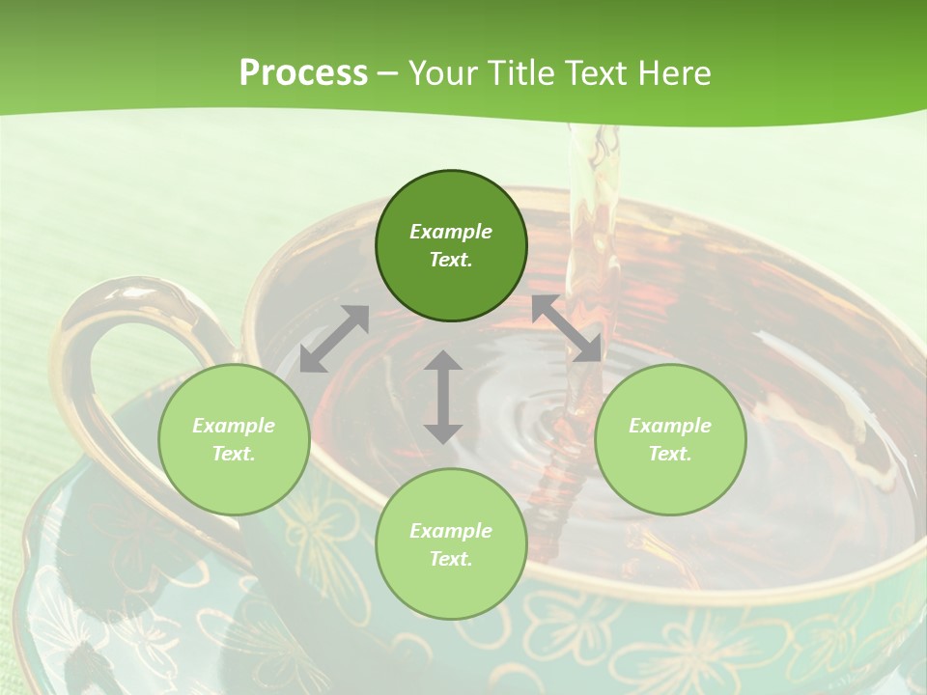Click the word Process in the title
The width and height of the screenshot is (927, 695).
pyautogui.click(x=303, y=73)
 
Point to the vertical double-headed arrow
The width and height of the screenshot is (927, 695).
pyautogui.click(x=443, y=397)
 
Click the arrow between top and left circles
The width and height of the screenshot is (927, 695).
pyautogui.click(x=334, y=339)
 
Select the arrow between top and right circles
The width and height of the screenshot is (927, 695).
pyautogui.click(x=567, y=328)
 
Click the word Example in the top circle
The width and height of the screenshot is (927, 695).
pyautogui.click(x=451, y=232)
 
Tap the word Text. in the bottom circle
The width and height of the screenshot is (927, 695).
pyautogui.click(x=451, y=559)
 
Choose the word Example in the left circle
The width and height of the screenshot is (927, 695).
pyautogui.click(x=234, y=426)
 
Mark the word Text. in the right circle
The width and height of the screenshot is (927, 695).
pyautogui.click(x=670, y=454)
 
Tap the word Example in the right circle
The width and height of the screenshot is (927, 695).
pyautogui.click(x=670, y=426)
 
